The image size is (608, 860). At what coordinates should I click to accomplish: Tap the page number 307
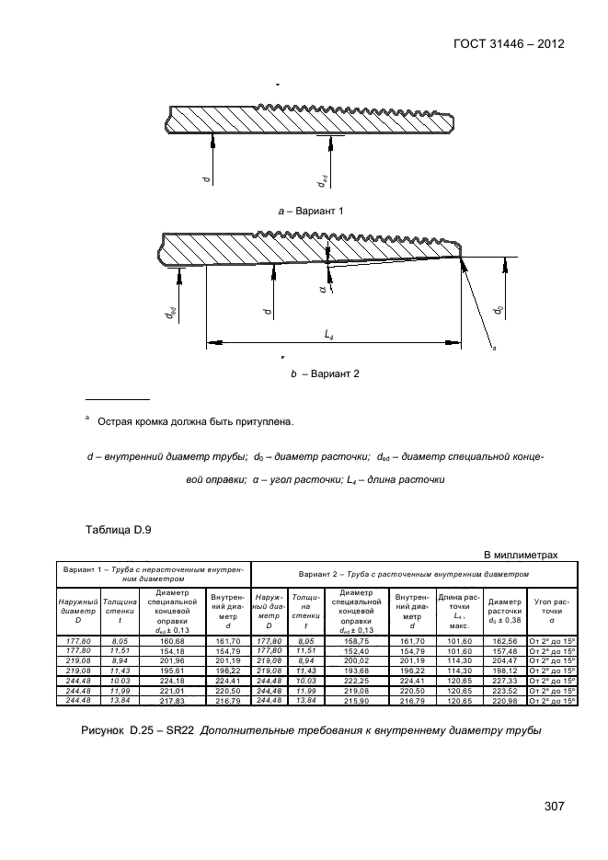click(553, 807)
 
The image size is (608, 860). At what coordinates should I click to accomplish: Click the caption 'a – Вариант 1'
click(310, 212)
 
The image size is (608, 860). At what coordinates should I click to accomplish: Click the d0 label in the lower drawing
click(498, 311)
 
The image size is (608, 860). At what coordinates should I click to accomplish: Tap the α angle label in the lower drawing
click(323, 290)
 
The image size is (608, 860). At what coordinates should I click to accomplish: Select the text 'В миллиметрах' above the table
click(521, 555)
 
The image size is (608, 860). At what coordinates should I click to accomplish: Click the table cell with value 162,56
click(504, 640)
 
